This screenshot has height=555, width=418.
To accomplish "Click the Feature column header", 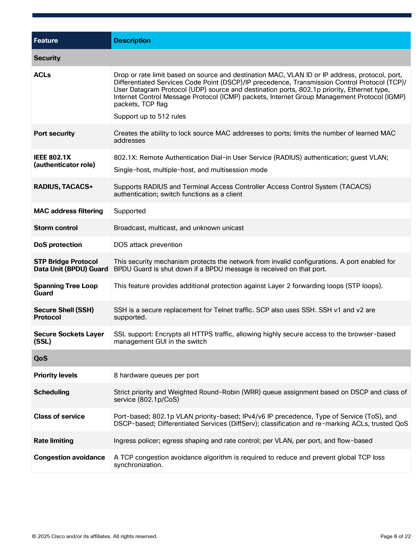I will pyautogui.click(x=46, y=40).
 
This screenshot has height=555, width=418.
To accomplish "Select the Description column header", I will pyautogui.click(x=132, y=40).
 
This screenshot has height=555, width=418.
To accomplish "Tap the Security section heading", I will pyautogui.click(x=47, y=58).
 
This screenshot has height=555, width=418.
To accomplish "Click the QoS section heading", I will pyautogui.click(x=41, y=358).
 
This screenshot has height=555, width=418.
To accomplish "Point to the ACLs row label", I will pyautogui.click(x=42, y=75).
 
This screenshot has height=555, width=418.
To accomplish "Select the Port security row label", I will pyautogui.click(x=54, y=133).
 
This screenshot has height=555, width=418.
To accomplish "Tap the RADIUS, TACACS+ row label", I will pyautogui.click(x=63, y=186).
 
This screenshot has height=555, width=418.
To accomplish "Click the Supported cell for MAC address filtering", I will pyautogui.click(x=130, y=211).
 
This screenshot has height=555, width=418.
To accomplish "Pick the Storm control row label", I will pyautogui.click(x=56, y=227).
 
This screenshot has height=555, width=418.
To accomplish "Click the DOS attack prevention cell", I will pyautogui.click(x=148, y=245).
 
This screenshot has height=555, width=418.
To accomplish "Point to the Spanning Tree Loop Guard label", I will pyautogui.click(x=66, y=289).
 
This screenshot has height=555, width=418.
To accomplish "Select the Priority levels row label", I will pyautogui.click(x=55, y=375).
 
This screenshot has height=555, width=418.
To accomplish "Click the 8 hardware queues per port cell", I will pyautogui.click(x=156, y=375).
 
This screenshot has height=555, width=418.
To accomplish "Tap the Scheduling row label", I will pyautogui.click(x=51, y=392).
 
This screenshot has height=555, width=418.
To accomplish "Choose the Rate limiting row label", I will pyautogui.click(x=53, y=441).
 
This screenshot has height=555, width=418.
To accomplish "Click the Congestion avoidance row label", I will pyautogui.click(x=69, y=457).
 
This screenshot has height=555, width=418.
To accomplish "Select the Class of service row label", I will pyautogui.click(x=59, y=416).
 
